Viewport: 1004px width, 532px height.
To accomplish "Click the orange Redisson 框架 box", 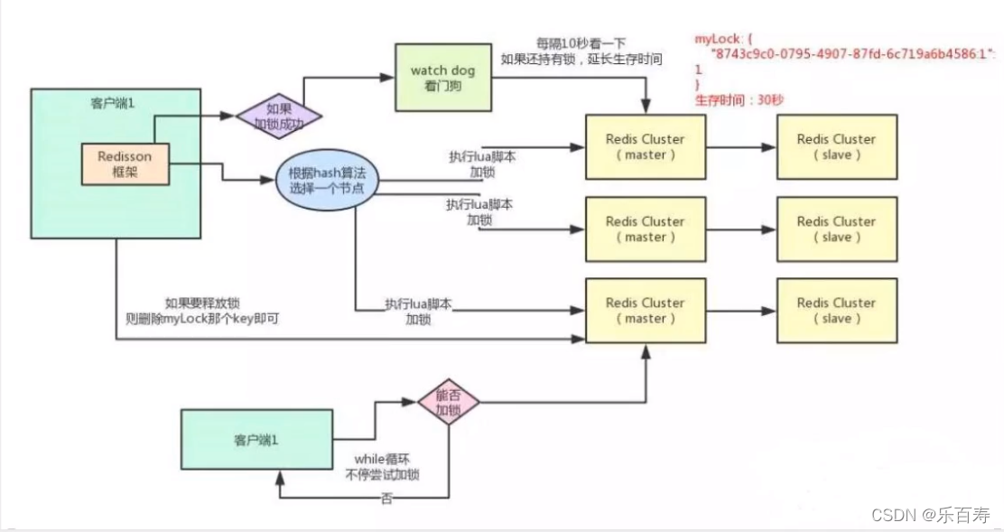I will tap(125, 164).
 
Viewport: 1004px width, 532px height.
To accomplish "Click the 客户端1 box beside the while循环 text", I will tap(252, 441).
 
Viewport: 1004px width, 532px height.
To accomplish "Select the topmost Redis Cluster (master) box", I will tap(645, 147).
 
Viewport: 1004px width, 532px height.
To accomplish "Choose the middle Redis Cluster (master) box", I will tap(645, 229).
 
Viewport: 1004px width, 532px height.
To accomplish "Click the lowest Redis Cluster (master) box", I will tap(645, 311).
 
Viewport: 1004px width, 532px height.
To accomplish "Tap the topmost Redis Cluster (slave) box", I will tap(835, 147).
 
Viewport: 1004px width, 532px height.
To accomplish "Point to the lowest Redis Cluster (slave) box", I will tap(835, 311).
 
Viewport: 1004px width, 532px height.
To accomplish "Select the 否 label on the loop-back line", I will tap(386, 498).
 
